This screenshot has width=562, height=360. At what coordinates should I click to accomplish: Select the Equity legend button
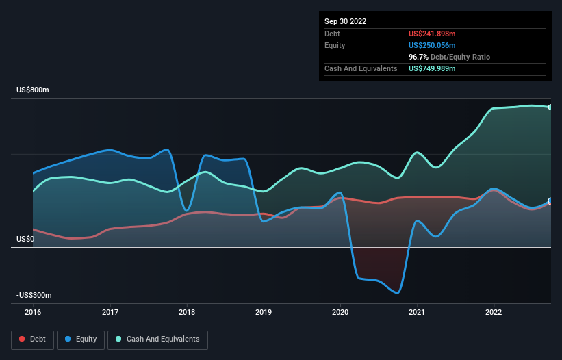(81, 339)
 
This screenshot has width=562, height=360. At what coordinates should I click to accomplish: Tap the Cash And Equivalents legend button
(157, 339)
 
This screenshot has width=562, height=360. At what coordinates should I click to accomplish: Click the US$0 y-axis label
(25, 239)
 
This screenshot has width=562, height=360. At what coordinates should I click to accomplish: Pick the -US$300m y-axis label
(34, 295)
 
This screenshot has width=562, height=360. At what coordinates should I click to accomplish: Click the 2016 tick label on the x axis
(33, 312)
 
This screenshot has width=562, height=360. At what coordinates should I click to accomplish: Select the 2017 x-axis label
(110, 312)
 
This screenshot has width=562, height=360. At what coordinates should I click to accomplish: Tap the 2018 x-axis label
(186, 312)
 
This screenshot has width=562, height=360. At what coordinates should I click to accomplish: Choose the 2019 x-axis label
(263, 312)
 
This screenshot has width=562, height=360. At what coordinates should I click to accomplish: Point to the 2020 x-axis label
(340, 312)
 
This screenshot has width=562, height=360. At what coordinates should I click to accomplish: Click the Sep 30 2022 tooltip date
(346, 21)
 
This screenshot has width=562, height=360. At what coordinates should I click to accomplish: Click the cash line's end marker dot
(550, 107)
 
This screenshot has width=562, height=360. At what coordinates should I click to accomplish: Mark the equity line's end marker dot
(550, 201)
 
